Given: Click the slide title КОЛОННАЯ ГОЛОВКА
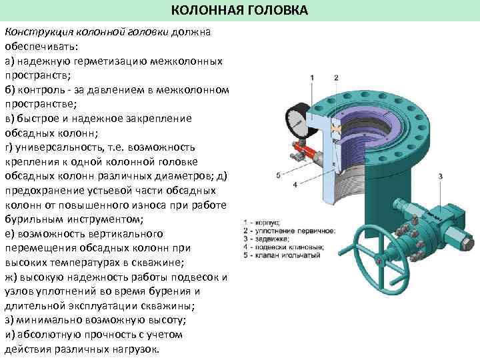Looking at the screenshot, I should click(240, 11).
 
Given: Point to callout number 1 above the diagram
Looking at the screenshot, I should click(313, 78).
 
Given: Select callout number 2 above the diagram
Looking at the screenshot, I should click(335, 78).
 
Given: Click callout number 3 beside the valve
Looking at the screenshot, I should click(440, 175).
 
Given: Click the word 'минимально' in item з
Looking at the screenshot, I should click(43, 320).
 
